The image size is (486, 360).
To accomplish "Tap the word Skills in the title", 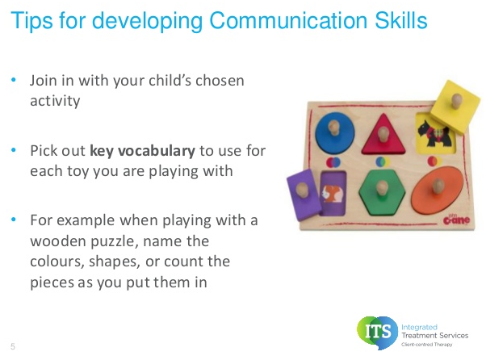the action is (x=401, y=20).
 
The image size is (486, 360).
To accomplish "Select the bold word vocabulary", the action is (x=157, y=151).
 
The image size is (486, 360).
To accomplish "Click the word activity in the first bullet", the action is (x=55, y=101).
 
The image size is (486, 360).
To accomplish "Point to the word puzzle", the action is (x=115, y=241).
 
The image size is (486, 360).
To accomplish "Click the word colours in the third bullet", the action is (x=57, y=262).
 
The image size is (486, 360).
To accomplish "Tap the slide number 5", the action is (x=13, y=346).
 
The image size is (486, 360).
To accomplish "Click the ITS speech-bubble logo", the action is (x=377, y=332).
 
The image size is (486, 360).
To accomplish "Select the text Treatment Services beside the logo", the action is (x=435, y=335).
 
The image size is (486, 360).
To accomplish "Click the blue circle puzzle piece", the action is (x=335, y=132).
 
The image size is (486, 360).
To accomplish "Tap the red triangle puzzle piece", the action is (x=383, y=135).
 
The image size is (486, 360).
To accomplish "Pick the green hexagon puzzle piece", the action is (x=382, y=193).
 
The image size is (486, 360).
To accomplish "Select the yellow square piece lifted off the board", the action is (x=455, y=107).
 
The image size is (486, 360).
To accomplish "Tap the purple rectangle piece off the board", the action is (x=304, y=195).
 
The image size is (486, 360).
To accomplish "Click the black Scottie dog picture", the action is (x=434, y=134).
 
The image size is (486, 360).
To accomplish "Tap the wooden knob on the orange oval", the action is (x=438, y=186).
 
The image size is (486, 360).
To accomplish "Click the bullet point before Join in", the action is (x=14, y=80).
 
